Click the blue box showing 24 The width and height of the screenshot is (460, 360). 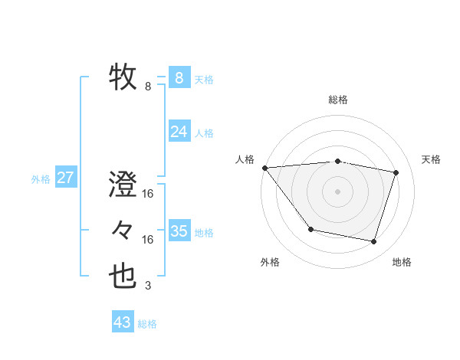179,132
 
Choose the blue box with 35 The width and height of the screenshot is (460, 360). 179,231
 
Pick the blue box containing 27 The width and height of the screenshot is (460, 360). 65,178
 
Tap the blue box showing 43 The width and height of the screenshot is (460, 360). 123,322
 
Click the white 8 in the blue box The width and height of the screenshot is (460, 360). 179,78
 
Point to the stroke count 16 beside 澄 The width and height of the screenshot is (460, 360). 148,194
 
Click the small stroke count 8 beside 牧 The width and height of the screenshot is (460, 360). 148,87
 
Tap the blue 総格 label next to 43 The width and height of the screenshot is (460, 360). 147,324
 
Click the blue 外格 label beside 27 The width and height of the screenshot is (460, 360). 41,179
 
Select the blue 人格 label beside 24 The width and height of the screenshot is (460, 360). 204,133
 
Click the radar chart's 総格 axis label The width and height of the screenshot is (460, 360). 338,100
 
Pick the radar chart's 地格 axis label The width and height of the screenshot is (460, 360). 402,263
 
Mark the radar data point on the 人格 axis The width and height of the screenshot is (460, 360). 264,167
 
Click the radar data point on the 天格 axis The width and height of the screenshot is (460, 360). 396,172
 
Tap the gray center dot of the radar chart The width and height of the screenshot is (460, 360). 338,191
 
